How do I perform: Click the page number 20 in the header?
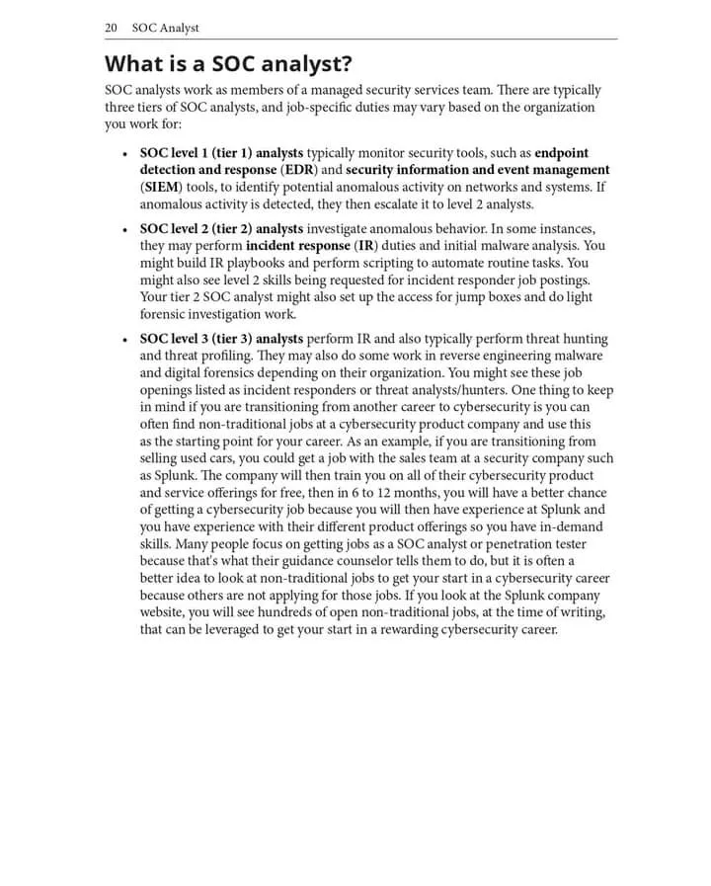(112, 28)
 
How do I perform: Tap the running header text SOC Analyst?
(165, 28)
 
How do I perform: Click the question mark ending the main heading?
(347, 65)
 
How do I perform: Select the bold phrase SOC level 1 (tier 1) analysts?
(221, 154)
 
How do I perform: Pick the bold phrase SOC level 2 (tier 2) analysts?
(221, 229)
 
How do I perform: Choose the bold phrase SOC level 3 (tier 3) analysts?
(221, 339)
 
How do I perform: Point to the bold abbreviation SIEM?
(161, 187)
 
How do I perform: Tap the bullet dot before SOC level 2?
(123, 230)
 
